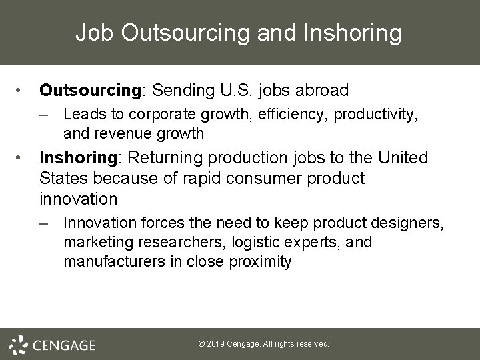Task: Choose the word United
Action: [x=403, y=158]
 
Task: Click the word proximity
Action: [x=261, y=261]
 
